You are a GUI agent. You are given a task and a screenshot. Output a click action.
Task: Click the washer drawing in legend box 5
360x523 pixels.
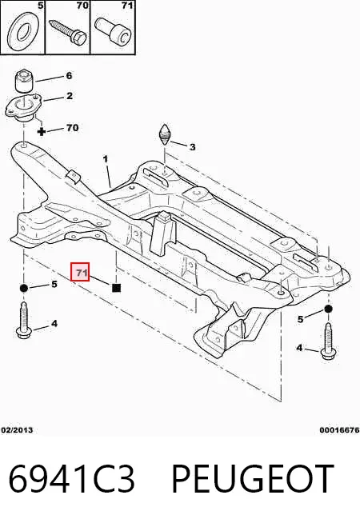[22, 33]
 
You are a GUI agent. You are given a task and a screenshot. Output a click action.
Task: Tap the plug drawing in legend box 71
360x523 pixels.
[112, 31]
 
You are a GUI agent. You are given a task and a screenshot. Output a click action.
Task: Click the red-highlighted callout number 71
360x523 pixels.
[80, 271]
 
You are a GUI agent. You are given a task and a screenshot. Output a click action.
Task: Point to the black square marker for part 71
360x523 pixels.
[116, 288]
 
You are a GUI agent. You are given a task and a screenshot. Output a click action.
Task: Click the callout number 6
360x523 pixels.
[69, 75]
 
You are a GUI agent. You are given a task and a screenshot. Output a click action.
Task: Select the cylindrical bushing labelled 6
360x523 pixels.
[25, 81]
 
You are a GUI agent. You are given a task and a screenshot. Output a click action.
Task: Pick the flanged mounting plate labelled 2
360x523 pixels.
[23, 109]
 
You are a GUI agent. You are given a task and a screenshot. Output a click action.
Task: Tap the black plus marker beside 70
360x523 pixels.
[42, 131]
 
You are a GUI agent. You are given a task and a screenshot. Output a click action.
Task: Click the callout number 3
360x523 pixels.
[192, 147]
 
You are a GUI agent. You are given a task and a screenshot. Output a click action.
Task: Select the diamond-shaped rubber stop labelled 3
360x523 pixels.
[165, 135]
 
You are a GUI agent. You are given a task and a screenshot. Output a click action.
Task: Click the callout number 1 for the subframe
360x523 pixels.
[106, 159]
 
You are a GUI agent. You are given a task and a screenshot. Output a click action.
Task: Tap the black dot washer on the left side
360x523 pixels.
[23, 288]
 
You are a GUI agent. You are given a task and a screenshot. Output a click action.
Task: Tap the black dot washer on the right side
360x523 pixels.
[328, 309]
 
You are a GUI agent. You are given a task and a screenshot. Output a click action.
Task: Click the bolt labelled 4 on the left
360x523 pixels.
[23, 320]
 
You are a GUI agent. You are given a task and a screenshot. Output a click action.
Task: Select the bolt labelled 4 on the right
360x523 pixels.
[328, 341]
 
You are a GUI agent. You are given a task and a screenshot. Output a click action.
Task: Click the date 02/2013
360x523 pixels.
[17, 429]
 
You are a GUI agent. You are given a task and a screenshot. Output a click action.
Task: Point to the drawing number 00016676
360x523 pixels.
[340, 429]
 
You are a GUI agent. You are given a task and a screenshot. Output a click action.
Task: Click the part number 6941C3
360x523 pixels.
[71, 479]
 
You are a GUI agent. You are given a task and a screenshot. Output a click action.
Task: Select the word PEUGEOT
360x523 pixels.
[253, 479]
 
